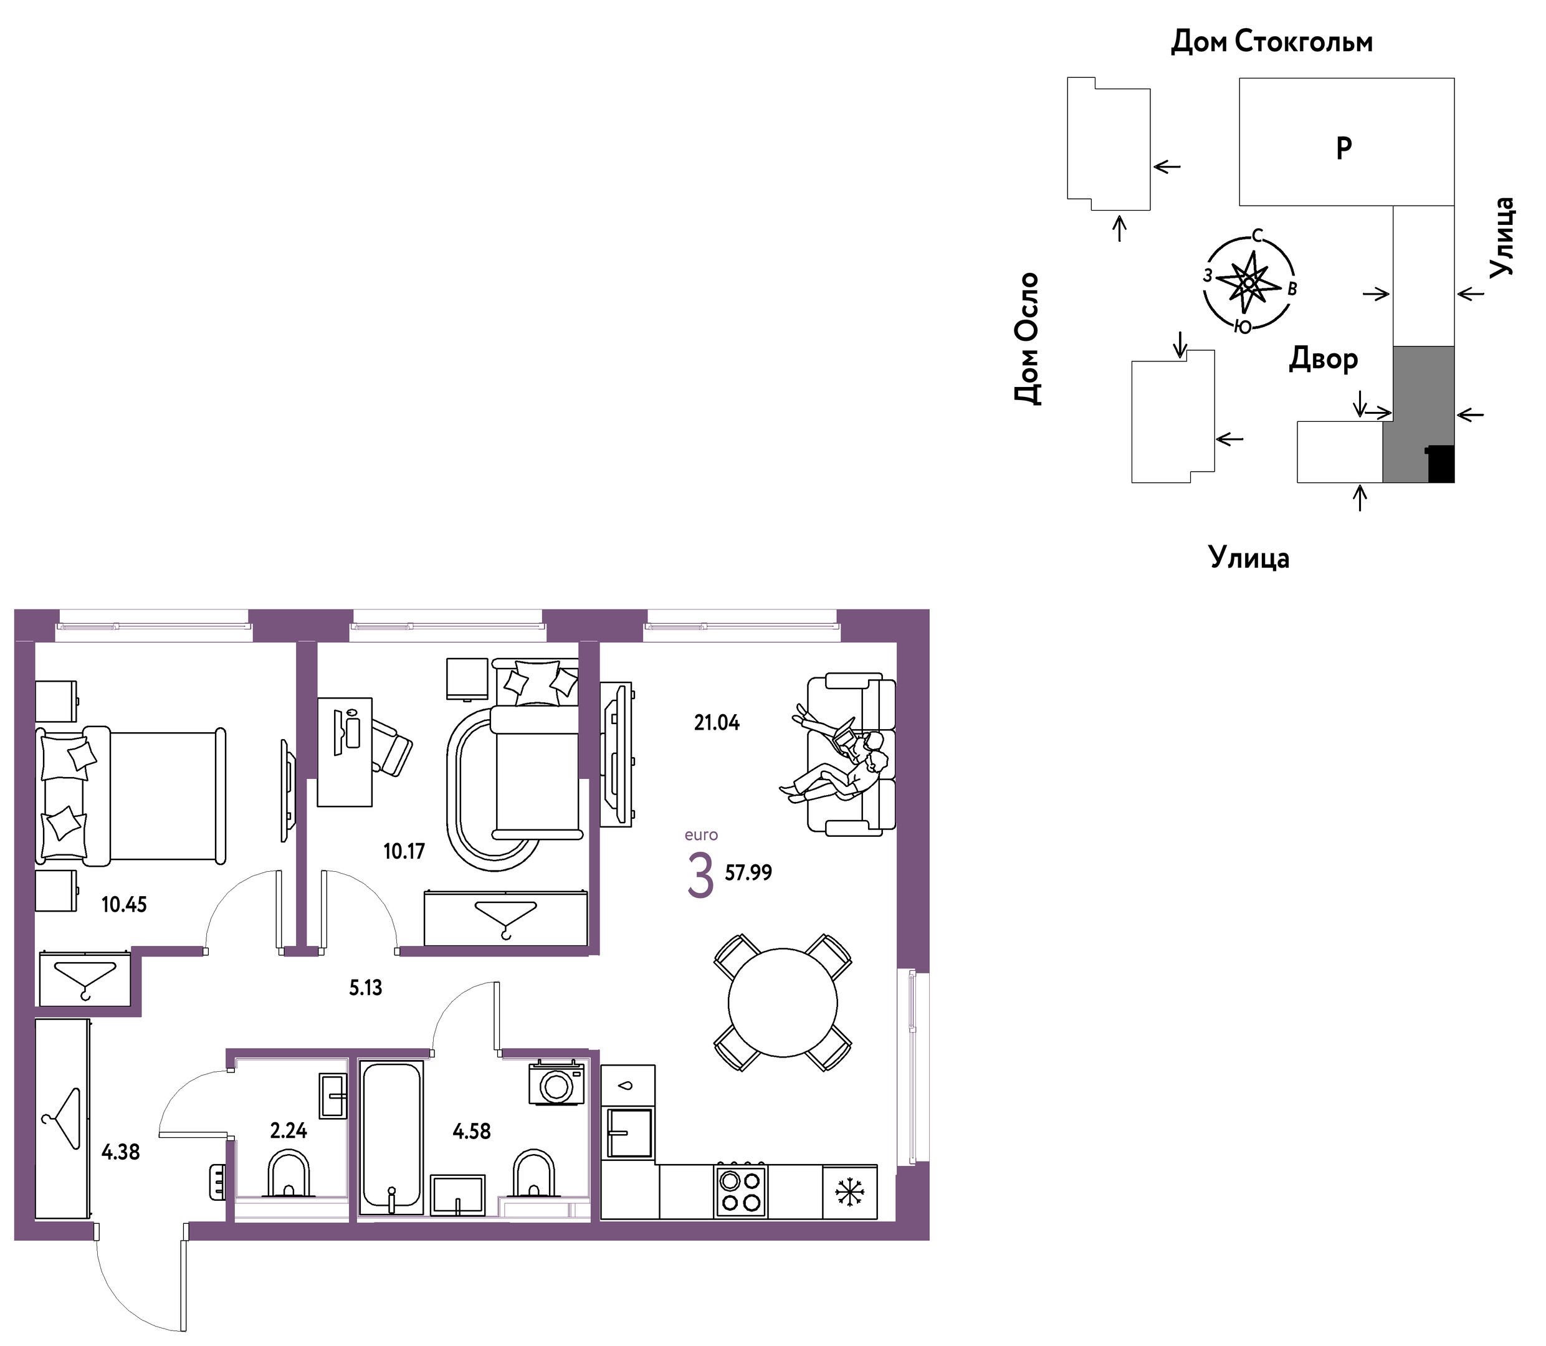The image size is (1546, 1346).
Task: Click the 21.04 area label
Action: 717,723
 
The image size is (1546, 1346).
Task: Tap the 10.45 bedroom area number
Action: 125,904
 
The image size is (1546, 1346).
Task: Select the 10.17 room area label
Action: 404,851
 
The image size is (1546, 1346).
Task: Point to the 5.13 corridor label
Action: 366,988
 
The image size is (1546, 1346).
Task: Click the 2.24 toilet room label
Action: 289,1130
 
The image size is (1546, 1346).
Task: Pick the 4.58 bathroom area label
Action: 472,1130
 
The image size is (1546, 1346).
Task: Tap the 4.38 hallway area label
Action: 121,1152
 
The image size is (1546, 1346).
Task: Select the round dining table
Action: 783,1003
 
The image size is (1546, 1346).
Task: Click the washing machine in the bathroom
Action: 556,1082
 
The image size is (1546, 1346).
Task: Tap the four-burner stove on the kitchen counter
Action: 741,1191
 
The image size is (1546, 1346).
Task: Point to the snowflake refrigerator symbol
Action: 849,1192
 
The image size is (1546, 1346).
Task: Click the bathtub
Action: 391,1137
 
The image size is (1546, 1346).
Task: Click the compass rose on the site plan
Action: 1249,282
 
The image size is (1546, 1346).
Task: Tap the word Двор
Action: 1324,360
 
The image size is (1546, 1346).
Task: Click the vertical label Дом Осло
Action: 1027,339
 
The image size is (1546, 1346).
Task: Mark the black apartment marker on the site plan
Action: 1441,464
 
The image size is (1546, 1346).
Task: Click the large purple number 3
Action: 700,877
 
